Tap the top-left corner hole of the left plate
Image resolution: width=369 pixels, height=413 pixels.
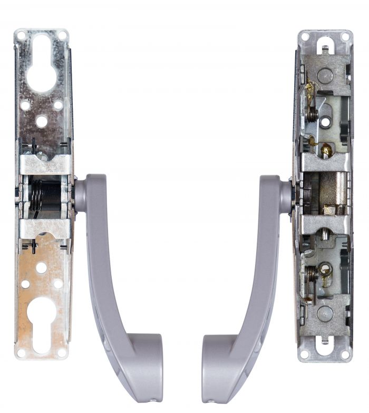[21, 36]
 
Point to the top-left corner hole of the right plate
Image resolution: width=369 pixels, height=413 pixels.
[305, 37]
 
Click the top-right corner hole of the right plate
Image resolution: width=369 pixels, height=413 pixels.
[345, 37]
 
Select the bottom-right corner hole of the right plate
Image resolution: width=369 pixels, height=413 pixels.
[345, 354]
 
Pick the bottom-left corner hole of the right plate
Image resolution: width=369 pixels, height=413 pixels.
[304, 354]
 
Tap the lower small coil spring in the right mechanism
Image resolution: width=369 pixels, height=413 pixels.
[312, 274]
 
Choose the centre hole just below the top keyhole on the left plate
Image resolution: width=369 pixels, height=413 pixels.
[42, 122]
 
